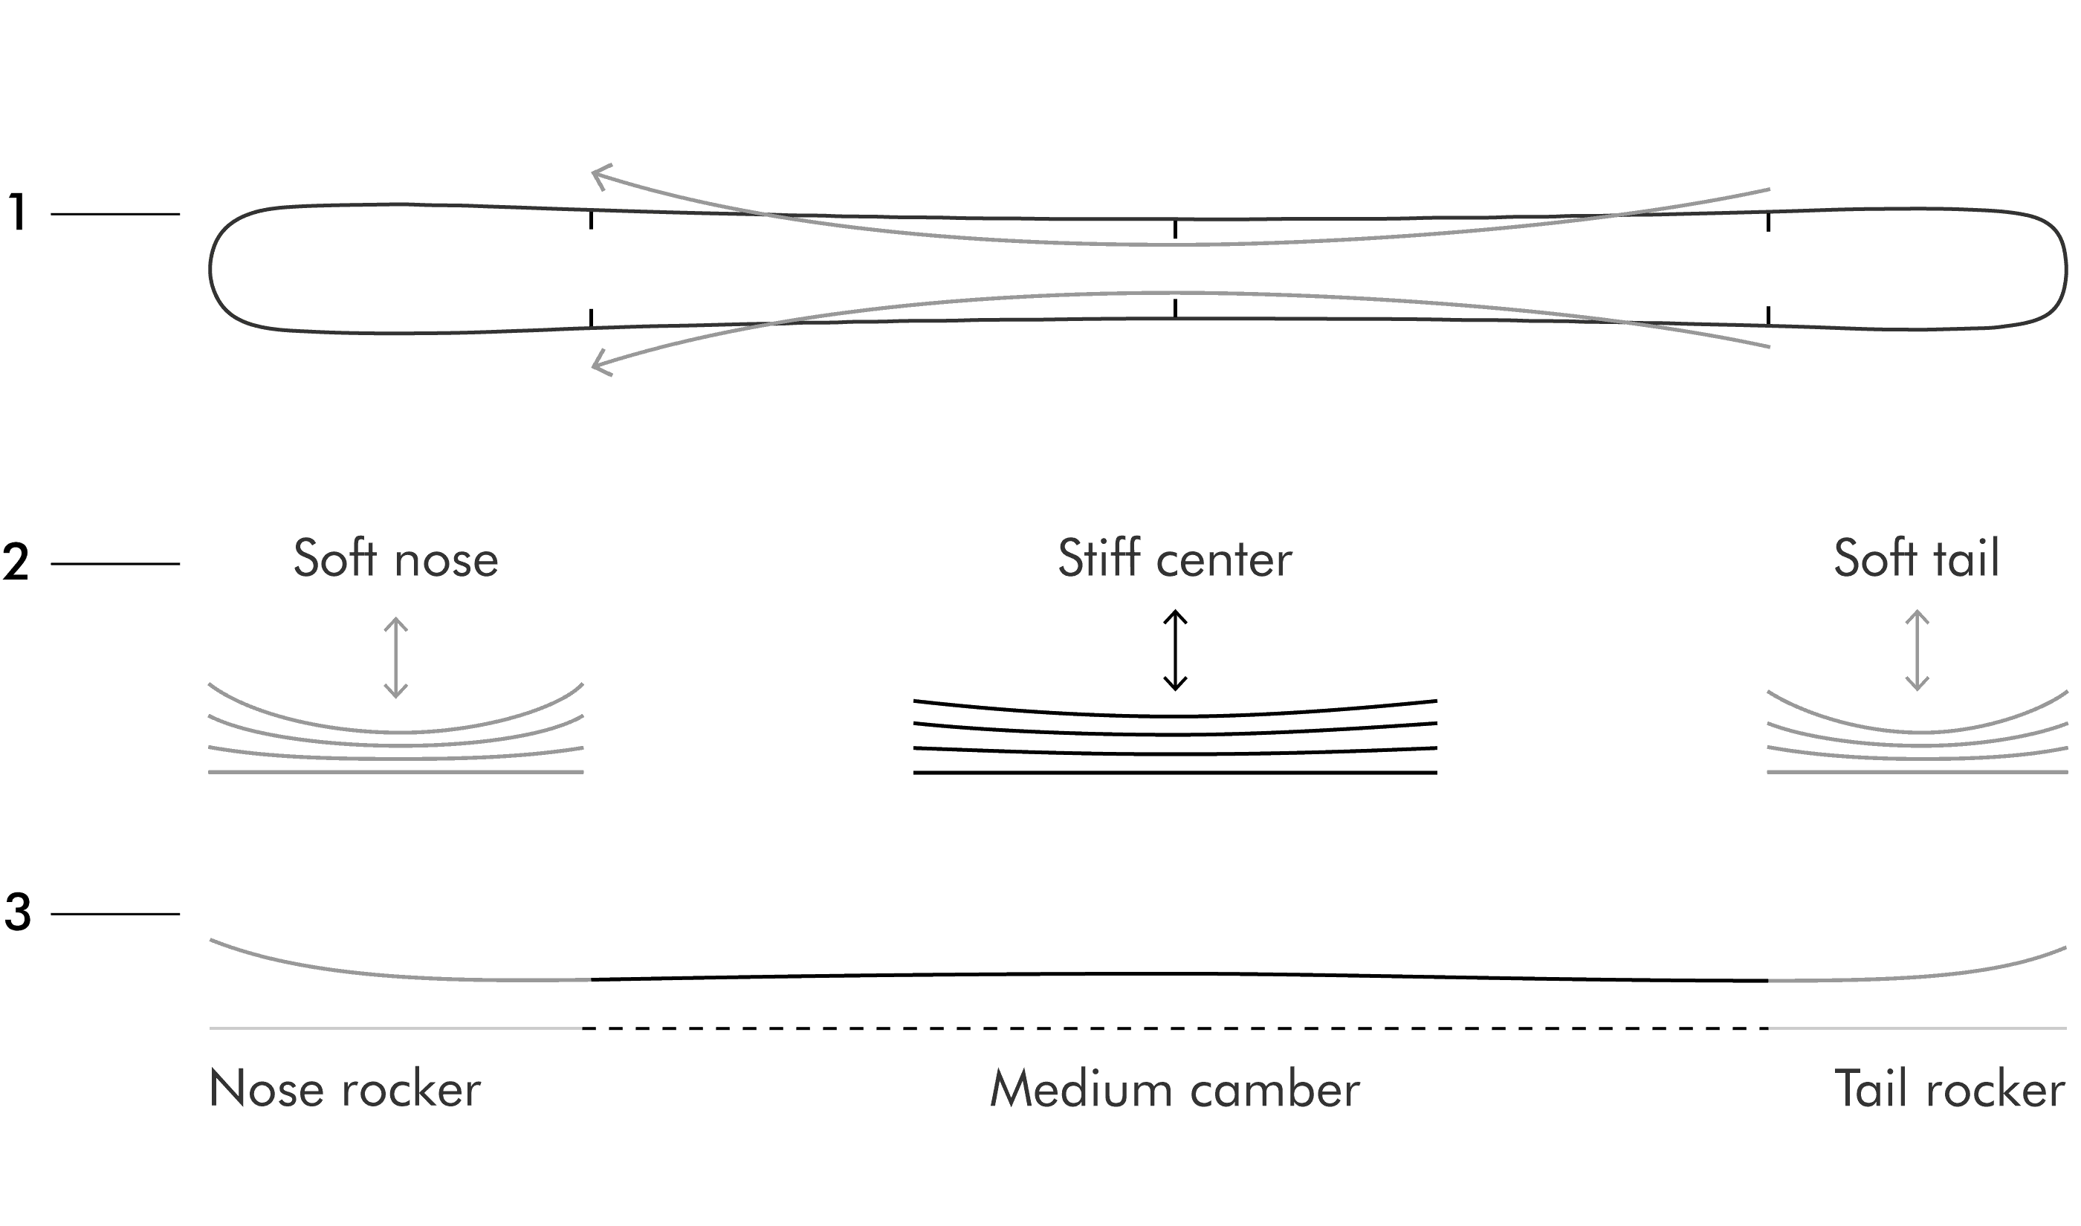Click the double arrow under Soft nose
coord(395,657)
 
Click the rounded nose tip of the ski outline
coord(210,269)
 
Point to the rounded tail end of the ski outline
coord(2065,269)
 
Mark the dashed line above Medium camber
coord(1175,1028)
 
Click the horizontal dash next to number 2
coord(115,563)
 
